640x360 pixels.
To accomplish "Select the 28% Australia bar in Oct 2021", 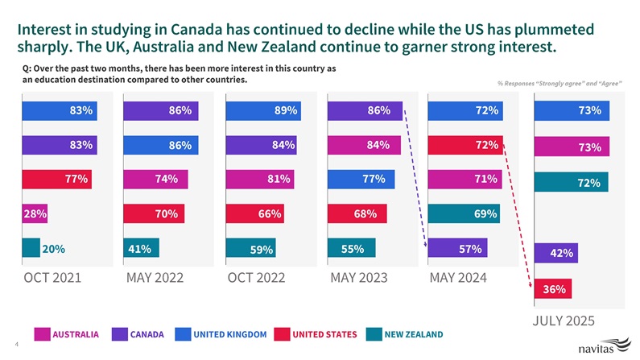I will (34, 213).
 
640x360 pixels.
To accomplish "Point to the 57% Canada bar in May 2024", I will (456, 249).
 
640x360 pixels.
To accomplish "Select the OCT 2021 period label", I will (55, 278).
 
